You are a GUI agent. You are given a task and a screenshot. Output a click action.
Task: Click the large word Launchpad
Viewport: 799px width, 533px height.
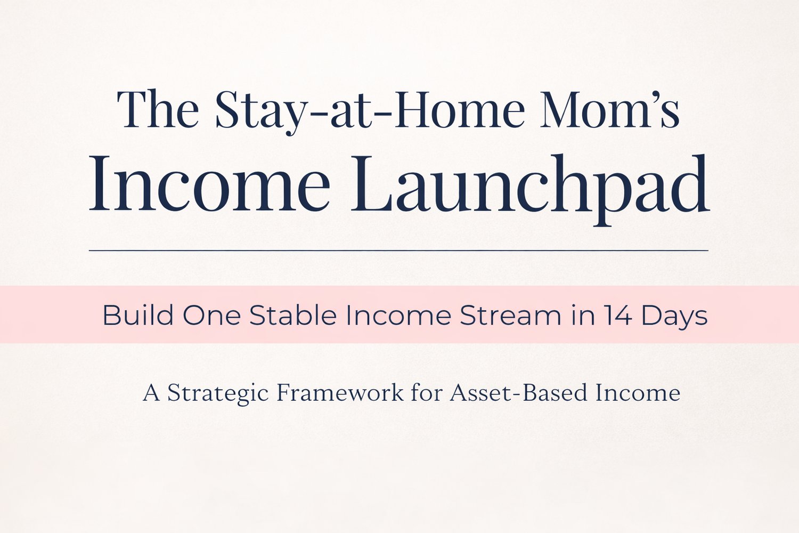pyautogui.click(x=530, y=190)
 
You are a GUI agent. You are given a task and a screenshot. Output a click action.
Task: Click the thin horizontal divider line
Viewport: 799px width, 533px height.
pyautogui.click(x=399, y=251)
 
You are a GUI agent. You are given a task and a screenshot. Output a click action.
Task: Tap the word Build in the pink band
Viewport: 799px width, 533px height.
pyautogui.click(x=138, y=315)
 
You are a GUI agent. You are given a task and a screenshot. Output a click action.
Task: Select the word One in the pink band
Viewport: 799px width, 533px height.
pyautogui.click(x=212, y=316)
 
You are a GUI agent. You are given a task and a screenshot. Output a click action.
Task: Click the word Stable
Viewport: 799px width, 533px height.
pyautogui.click(x=293, y=315)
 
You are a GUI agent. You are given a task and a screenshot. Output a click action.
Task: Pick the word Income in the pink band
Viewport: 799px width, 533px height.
pyautogui.click(x=398, y=316)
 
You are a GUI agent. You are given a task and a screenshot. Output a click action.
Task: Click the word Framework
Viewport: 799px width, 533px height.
pyautogui.click(x=340, y=392)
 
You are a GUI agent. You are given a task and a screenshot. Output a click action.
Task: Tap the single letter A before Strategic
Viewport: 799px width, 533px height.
pyautogui.click(x=151, y=393)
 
